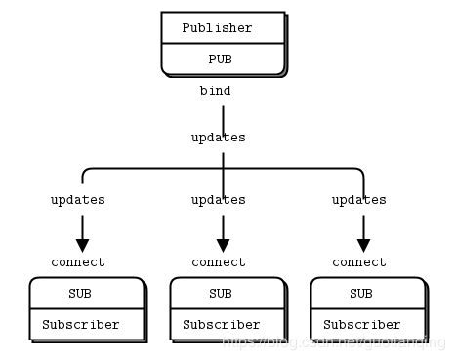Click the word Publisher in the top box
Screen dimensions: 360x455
[x=217, y=28]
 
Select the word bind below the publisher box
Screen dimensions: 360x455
[x=215, y=91]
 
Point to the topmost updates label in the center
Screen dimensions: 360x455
[x=218, y=138]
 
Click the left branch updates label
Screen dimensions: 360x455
[x=78, y=200]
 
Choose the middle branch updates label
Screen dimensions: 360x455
[x=218, y=200]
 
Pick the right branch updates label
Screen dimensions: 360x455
[x=358, y=200]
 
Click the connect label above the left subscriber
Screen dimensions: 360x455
[x=78, y=262]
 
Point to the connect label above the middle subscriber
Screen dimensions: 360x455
[x=218, y=262]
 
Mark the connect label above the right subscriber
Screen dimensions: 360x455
[x=358, y=262]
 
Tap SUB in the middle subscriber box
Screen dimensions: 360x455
[x=221, y=294]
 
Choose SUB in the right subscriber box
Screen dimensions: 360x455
[x=361, y=294]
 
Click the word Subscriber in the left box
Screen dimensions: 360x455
[x=81, y=325]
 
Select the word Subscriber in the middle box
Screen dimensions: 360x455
[x=222, y=325]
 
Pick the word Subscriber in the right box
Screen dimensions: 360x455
[x=362, y=325]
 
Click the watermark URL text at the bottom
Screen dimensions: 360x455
[x=332, y=344]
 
